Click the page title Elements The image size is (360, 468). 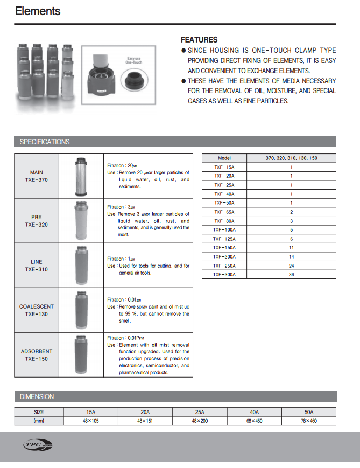pyautogui.click(x=38, y=11)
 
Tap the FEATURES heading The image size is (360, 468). pyautogui.click(x=199, y=39)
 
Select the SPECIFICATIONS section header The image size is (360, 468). pyautogui.click(x=45, y=142)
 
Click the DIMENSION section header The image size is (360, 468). pyautogui.click(x=37, y=396)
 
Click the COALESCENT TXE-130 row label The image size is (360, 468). pyautogui.click(x=37, y=310)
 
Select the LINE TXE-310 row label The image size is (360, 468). pyautogui.click(x=37, y=266)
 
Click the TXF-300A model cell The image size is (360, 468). pyautogui.click(x=224, y=274)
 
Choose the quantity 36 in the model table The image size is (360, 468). pyautogui.click(x=291, y=274)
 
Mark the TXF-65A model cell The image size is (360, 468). pyautogui.click(x=224, y=212)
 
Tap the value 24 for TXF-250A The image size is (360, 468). pyautogui.click(x=291, y=266)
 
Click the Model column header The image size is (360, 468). pyautogui.click(x=224, y=158)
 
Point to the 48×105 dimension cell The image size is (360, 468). pyautogui.click(x=90, y=421)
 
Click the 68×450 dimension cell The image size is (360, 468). pyautogui.click(x=254, y=421)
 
